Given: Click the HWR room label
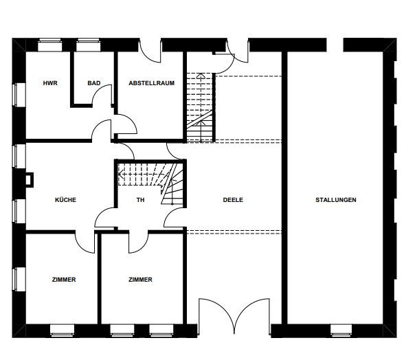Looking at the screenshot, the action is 50,83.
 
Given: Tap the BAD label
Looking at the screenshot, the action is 94,83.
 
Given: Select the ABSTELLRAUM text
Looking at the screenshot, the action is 152,83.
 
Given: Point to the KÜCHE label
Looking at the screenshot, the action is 65,200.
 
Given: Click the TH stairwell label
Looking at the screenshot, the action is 140,200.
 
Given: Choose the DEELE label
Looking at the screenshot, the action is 233,200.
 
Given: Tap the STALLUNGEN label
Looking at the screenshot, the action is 336,200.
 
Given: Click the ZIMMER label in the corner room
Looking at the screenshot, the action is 64,280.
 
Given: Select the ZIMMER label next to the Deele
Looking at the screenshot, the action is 140,280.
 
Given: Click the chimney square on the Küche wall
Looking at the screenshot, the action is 29,180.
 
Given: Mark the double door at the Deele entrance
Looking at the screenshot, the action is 234,316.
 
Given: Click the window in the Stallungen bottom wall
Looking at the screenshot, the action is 341,331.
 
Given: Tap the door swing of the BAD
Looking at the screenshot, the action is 102,94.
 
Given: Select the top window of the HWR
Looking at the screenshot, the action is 49,45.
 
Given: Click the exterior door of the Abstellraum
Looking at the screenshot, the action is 150,51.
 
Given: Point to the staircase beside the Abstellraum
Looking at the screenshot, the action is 200,107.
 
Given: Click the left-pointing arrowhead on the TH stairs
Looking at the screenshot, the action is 120,175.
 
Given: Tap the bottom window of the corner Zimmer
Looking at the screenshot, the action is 63,331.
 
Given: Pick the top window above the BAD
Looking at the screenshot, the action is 89,45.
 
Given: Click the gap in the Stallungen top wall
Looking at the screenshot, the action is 335,45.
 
